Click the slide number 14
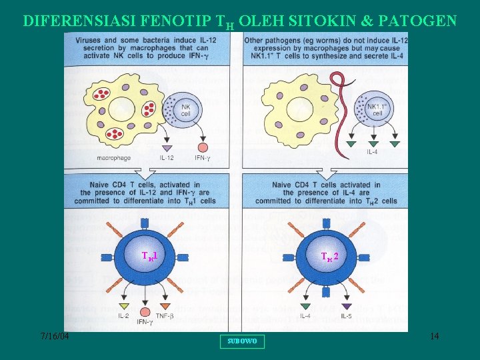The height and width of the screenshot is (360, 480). coord(434,337)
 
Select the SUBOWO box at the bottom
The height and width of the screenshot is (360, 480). coord(241,341)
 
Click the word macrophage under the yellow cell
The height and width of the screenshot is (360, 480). coord(113,158)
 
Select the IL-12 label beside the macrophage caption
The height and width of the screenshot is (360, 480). coord(168,158)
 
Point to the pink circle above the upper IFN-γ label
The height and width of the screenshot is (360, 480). coord(203,147)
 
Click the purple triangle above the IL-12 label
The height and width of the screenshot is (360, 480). coord(167,147)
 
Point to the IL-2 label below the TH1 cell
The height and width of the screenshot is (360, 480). coord(123,315)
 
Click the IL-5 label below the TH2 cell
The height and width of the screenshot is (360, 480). coord(346,315)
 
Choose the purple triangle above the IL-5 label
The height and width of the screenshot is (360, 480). coord(346,305)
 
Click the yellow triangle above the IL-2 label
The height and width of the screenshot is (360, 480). coord(123,305)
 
